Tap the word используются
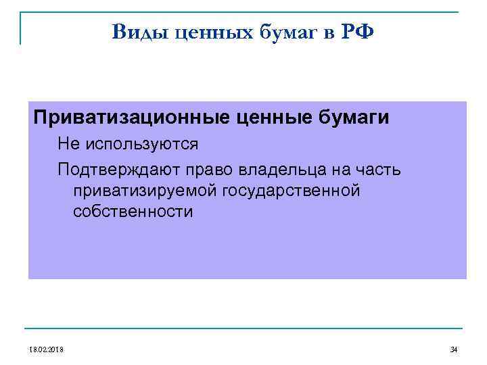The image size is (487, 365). coord(141,144)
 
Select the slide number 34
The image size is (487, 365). coord(453,349)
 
